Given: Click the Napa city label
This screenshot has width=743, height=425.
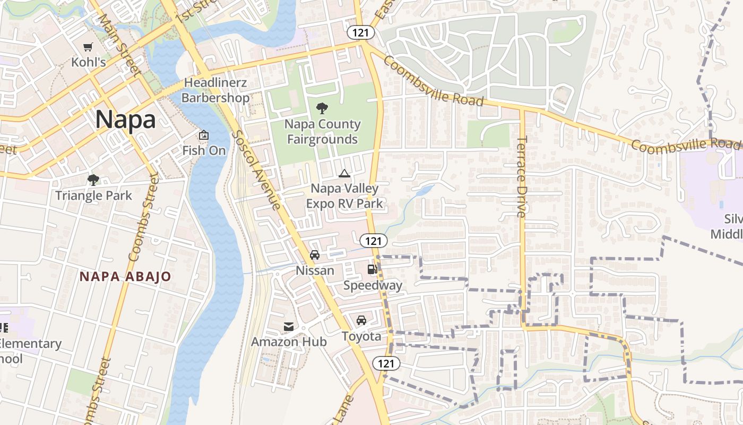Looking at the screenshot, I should click(126, 120).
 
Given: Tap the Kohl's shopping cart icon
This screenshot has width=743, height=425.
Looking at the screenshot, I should click(89, 47).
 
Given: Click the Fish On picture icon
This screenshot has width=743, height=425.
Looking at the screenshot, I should click(203, 135).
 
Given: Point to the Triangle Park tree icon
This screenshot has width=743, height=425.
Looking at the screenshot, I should click(93, 180).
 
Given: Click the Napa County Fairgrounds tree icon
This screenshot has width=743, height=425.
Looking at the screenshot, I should click(322, 109).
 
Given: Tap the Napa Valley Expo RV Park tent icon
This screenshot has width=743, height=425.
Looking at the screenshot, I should click(344, 173).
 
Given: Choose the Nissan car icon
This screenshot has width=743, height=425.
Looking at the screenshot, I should click(315, 255).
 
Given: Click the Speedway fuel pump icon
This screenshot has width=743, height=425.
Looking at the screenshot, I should click(372, 269).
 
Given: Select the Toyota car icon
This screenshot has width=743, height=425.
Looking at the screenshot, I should click(361, 320).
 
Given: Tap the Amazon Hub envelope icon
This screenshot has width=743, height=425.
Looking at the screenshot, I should click(289, 326).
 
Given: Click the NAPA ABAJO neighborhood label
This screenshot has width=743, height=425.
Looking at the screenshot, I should click(125, 277).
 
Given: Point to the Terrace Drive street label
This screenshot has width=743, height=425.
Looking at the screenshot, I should click(522, 176).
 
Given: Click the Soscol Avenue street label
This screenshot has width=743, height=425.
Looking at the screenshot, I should click(256, 170).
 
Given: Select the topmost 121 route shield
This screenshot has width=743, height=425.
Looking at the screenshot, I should click(361, 32).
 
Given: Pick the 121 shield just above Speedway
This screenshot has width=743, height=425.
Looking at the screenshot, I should click(374, 241).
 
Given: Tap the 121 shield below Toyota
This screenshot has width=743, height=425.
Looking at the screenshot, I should click(386, 363).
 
